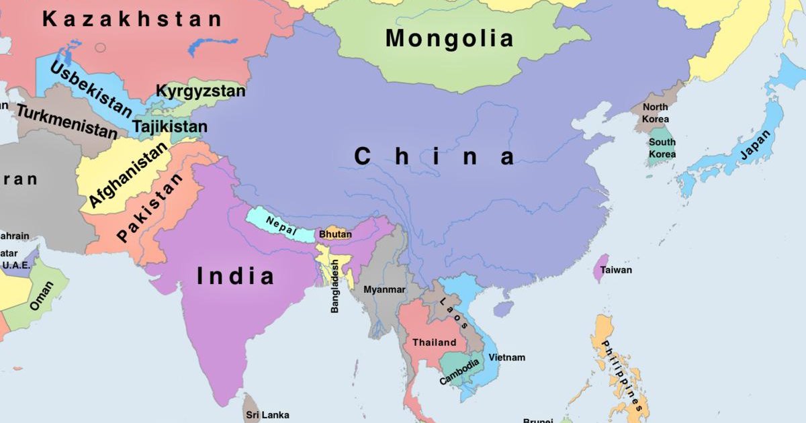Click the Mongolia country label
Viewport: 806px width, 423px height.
[449, 38]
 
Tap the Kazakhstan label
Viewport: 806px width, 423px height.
[132, 19]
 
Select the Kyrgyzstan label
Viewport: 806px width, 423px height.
[200, 91]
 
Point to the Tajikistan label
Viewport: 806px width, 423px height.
[170, 126]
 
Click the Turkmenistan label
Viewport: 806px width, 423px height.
[66, 122]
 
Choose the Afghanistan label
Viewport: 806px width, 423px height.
[128, 175]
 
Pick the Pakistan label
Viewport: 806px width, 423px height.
[150, 208]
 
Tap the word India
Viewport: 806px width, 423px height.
[236, 276]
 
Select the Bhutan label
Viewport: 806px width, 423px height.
[335, 234]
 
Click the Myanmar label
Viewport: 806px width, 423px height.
[384, 289]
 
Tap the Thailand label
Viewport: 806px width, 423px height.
[434, 342]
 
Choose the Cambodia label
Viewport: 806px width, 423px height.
[460, 372]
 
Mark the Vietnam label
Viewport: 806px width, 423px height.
[506, 357]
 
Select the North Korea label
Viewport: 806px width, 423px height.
[655, 113]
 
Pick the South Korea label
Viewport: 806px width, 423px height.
[662, 148]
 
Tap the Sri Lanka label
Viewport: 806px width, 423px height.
[267, 415]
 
